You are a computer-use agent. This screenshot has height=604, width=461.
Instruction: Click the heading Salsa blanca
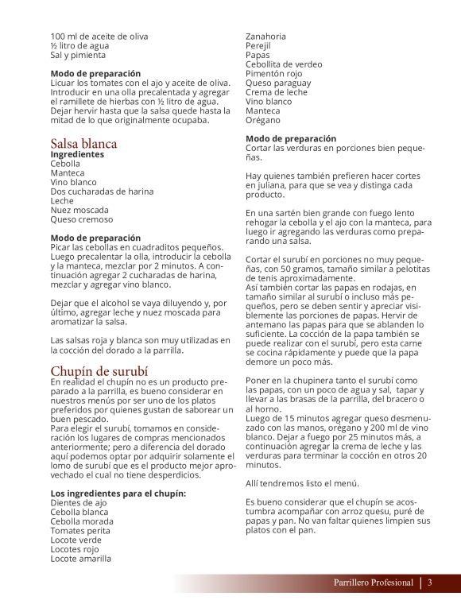83,144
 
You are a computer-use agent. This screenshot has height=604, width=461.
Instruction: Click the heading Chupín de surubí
99,371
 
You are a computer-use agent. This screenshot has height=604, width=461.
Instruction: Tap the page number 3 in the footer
429,583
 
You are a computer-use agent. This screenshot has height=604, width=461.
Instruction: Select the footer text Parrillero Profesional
374,583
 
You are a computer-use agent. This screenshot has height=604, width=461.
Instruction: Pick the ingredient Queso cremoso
82,219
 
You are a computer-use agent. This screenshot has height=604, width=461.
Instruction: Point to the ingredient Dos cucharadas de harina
103,192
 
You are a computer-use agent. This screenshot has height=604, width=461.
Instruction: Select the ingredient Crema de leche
277,92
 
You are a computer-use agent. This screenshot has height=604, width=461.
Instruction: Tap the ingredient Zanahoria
266,37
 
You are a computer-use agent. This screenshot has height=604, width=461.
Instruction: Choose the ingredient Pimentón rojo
274,74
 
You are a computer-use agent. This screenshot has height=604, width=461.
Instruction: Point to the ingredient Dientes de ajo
79,503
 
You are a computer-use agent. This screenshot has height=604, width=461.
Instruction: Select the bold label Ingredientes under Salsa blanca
77,154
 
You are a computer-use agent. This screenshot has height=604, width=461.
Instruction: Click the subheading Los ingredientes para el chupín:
118,494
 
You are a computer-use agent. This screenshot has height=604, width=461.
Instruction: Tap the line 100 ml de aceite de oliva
99,37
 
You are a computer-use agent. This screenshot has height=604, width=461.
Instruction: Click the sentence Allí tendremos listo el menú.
303,483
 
